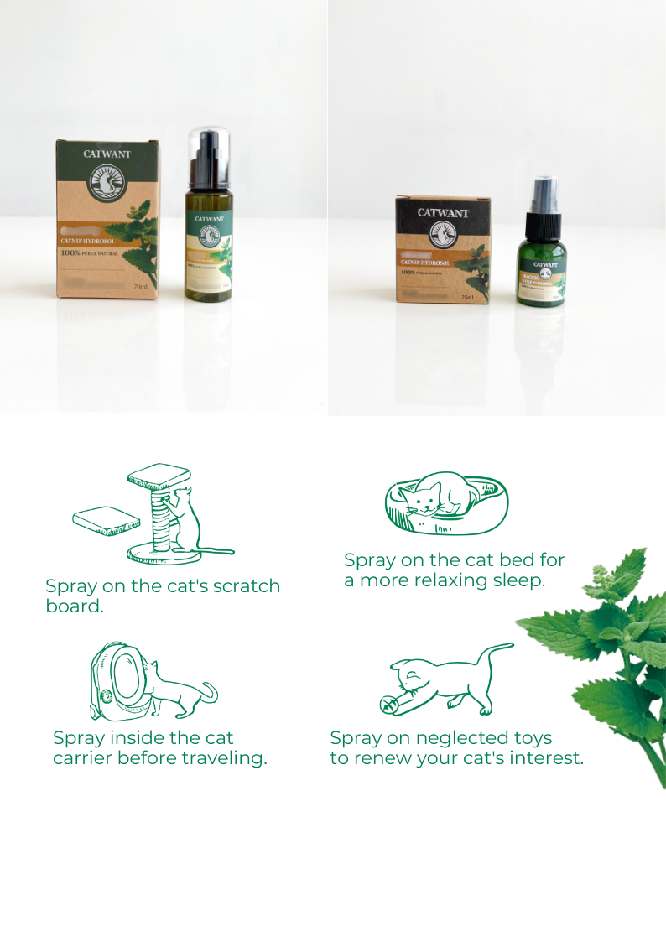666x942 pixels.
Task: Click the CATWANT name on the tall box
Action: coord(106,154)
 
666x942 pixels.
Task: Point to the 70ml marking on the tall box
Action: coord(140,287)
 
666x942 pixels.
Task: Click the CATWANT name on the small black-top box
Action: coord(443,213)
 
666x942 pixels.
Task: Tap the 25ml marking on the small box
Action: coord(467,296)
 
